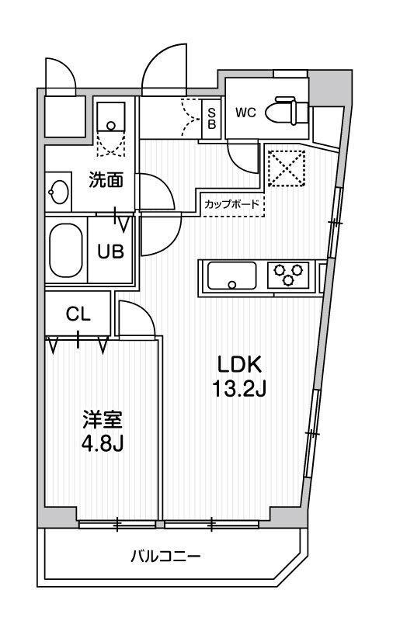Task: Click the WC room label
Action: [x=245, y=113]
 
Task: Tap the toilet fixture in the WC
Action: [x=287, y=111]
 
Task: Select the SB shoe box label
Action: [x=212, y=118]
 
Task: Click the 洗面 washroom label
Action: [x=106, y=181]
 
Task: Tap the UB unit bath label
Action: [x=111, y=251]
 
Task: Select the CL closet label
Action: [x=78, y=314]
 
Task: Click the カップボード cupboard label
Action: [x=231, y=204]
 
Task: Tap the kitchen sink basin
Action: [x=231, y=276]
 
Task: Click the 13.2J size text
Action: [x=239, y=389]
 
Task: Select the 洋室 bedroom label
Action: [x=103, y=421]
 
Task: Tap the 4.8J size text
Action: [x=103, y=443]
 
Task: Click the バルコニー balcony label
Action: [x=166, y=557]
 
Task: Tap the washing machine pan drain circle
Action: [x=111, y=126]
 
